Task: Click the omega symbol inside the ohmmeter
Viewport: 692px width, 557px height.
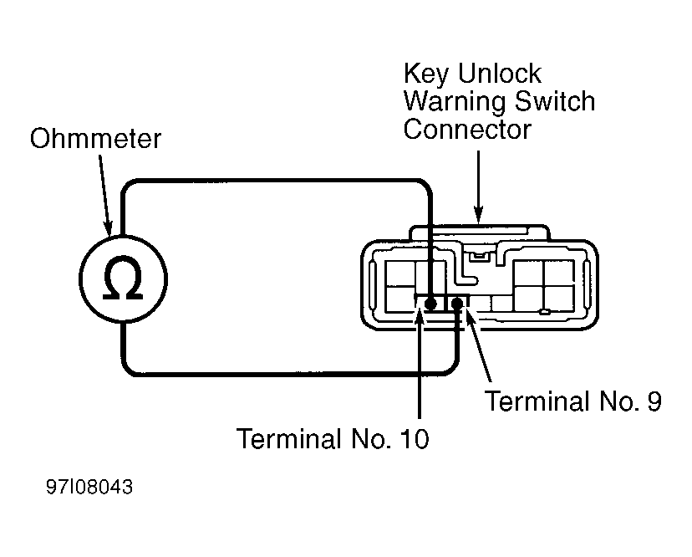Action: point(123,278)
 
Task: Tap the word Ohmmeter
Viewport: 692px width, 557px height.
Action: point(95,138)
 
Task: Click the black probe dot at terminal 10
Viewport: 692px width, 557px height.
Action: point(430,304)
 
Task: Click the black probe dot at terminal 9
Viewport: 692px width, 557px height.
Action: point(458,304)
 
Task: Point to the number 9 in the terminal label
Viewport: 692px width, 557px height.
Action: point(654,401)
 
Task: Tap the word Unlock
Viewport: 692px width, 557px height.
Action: point(499,73)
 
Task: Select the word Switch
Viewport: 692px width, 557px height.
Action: point(555,101)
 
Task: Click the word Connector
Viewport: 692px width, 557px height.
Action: point(467,130)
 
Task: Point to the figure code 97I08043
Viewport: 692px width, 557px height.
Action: point(89,488)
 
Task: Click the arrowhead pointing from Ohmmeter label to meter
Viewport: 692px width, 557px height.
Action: point(108,227)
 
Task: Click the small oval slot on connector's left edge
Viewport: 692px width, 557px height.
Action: point(372,285)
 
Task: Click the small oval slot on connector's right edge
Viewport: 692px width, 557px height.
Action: point(587,285)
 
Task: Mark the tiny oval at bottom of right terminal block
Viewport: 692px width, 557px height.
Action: point(545,312)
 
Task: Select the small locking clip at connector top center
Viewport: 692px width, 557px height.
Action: point(478,256)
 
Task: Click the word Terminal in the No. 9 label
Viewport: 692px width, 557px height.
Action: point(537,401)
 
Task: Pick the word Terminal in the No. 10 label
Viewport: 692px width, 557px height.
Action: point(289,439)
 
